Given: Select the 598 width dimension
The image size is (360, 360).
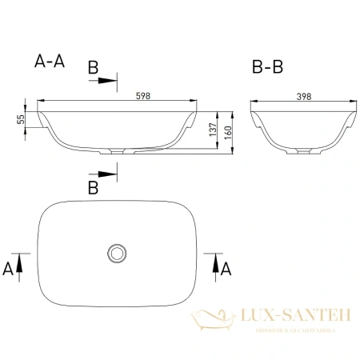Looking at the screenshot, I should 118,96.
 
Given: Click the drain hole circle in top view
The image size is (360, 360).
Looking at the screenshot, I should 118,254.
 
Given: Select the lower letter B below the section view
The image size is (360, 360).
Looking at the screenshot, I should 93,188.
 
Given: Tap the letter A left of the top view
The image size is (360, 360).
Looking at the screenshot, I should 9,268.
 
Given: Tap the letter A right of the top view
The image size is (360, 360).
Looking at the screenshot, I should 226,268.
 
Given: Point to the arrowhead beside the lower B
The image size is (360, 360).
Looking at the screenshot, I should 111,174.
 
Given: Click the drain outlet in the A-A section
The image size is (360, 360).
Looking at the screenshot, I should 118,150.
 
